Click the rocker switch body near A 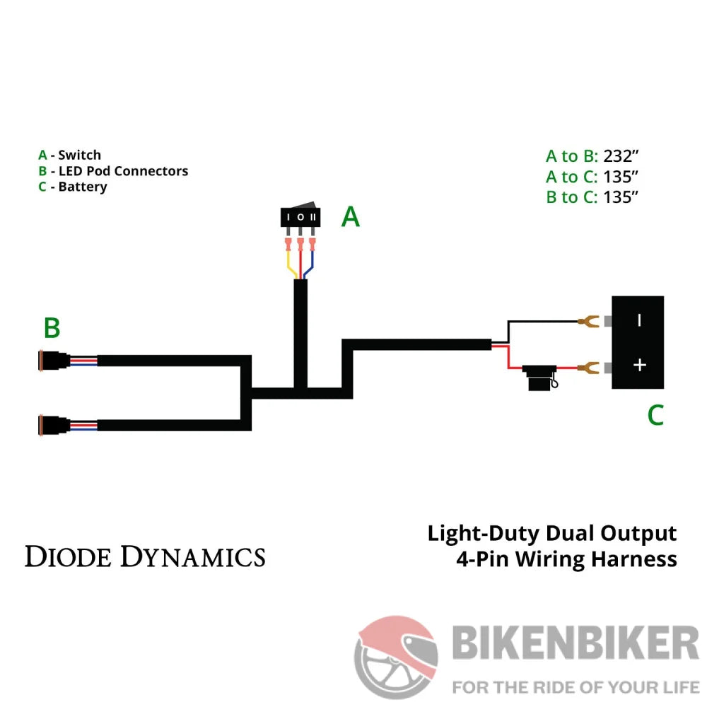point(300,216)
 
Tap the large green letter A point(351,217)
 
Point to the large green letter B point(52,328)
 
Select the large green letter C point(655,415)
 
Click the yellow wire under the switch point(290,267)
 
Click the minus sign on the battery point(639,320)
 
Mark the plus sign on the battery point(639,365)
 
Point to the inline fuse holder point(539,375)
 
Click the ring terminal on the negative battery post point(586,322)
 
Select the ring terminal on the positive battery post point(586,367)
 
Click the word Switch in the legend point(80,155)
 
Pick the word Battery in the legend point(83,187)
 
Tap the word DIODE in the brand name point(69,556)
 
